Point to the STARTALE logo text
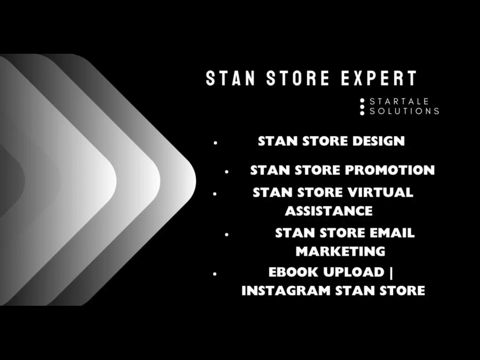click(399, 102)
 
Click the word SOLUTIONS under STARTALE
click(404, 111)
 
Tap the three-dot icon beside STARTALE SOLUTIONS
click(362, 107)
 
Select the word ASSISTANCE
click(329, 211)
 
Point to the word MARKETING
click(340, 251)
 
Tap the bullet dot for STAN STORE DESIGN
click(216, 143)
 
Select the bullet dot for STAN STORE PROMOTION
click(227, 171)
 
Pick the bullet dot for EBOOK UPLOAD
click(215, 274)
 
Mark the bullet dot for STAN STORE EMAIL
click(227, 234)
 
